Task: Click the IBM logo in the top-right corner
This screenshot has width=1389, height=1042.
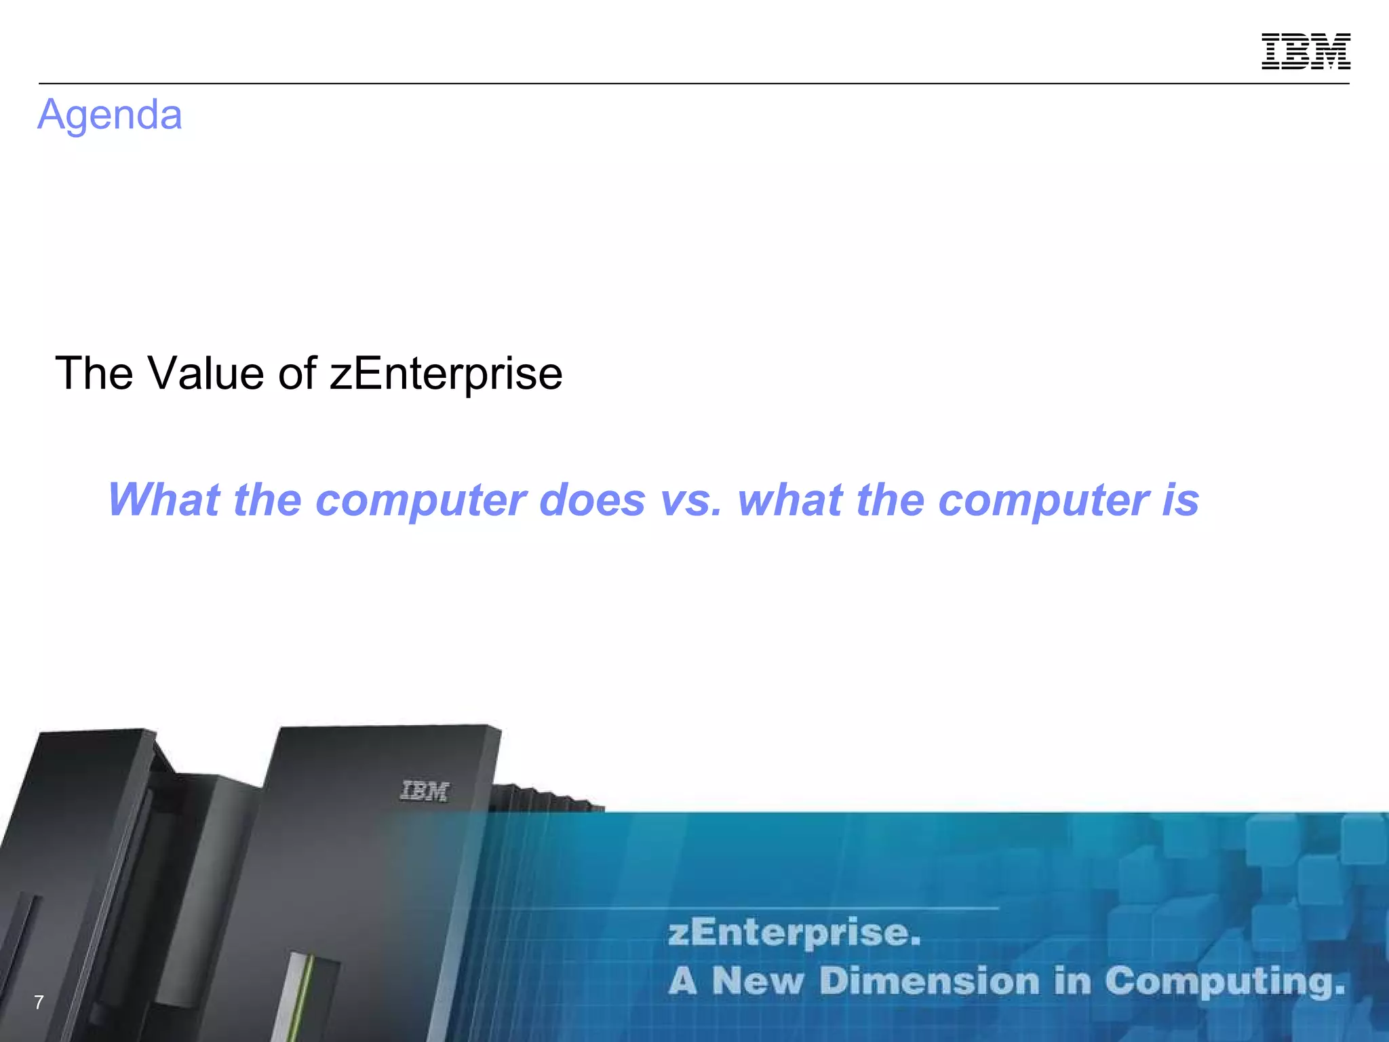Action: [1306, 51]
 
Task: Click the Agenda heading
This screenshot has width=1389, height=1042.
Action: [110, 115]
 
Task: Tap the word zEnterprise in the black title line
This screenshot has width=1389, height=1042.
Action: [446, 373]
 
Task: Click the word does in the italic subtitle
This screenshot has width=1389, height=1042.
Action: [592, 500]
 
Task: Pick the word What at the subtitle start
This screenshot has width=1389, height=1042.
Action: [163, 500]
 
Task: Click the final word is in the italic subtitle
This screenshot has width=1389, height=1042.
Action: [1180, 500]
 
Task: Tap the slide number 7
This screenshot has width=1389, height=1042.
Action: [39, 1002]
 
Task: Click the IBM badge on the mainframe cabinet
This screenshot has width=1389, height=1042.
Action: [425, 791]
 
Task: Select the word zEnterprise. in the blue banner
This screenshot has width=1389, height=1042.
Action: [794, 933]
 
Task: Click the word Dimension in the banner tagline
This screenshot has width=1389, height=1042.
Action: [929, 981]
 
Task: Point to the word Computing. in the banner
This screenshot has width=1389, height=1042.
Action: [1225, 981]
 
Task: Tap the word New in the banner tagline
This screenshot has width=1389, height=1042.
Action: [758, 981]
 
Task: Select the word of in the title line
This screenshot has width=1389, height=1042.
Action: [297, 373]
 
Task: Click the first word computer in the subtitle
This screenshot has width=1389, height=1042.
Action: [420, 501]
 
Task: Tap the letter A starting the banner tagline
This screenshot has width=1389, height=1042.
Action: [682, 981]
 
